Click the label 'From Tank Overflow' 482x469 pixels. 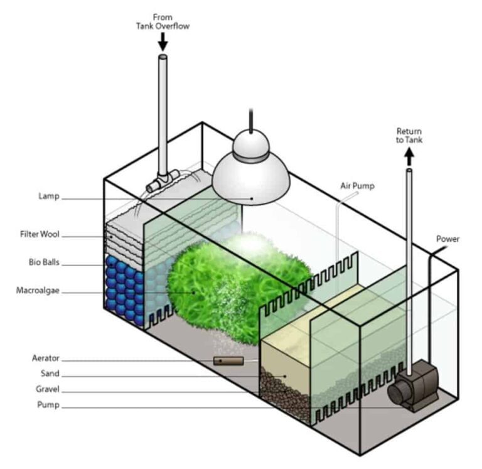[x=163, y=21]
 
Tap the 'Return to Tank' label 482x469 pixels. [x=409, y=136]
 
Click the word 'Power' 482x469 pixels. [x=447, y=239]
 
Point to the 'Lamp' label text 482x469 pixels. [x=48, y=197]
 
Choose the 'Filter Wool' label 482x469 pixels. [x=39, y=235]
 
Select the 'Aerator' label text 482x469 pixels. [x=45, y=358]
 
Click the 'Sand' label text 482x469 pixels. [x=50, y=373]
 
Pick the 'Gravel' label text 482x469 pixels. [x=47, y=389]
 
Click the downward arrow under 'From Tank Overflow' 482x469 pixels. [x=163, y=41]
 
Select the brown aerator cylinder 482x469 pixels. [x=228, y=362]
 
